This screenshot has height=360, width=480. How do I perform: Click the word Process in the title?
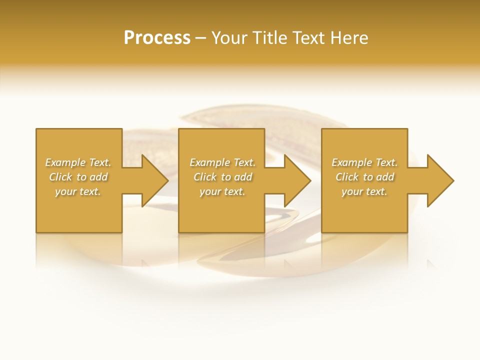coord(157,38)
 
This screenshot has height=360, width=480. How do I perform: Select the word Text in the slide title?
coord(307,38)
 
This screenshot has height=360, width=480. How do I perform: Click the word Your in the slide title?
coord(229,38)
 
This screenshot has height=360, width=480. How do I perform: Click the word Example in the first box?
coord(65,162)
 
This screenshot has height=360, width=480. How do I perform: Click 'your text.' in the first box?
coord(78,191)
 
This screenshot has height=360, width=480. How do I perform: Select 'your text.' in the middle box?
coord(222,191)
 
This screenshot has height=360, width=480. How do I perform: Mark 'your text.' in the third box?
coord(364,191)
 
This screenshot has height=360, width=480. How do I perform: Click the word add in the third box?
coord(385,177)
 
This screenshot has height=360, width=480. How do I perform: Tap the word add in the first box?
coord(99,177)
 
